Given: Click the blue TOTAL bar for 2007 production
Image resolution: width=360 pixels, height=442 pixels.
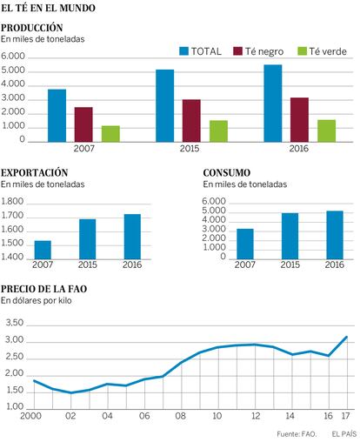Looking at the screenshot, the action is [57, 116].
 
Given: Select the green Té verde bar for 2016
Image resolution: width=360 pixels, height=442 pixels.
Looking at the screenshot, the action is [326, 131].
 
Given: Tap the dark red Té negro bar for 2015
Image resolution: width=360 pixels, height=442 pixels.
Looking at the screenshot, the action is [191, 121].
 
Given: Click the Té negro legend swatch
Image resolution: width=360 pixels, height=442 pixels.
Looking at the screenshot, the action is [237, 51].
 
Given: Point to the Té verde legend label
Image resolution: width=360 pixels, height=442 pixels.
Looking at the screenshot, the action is [328, 51].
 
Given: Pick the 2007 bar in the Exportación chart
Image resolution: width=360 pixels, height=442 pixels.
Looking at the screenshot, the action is [43, 250].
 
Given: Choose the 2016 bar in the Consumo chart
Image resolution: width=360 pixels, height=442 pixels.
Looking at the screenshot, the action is [335, 235].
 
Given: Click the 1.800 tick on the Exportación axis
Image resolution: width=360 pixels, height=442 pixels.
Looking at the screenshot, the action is [12, 201].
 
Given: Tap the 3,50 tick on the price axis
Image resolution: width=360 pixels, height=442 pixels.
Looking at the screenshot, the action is [15, 323].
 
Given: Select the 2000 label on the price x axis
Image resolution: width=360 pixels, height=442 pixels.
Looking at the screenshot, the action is [30, 416].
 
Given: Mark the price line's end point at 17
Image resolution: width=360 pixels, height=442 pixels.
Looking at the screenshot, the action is [346, 337].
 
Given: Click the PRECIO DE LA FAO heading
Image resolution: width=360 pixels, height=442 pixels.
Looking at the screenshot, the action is [44, 289].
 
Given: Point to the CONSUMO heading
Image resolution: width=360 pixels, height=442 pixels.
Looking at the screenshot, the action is [227, 173].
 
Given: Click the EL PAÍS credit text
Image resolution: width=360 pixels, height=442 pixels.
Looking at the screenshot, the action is [344, 434].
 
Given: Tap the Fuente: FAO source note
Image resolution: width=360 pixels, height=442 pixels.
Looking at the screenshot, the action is [297, 434].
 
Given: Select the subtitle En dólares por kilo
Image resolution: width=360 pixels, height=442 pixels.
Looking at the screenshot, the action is [37, 300].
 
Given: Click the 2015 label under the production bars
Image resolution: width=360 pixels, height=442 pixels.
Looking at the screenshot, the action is [190, 149].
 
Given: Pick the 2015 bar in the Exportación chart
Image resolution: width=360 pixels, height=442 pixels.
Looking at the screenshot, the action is [87, 239].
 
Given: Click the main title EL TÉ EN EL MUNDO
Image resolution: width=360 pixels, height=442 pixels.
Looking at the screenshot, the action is [48, 8].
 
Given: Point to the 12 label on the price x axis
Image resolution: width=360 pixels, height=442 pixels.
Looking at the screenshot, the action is [256, 416].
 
